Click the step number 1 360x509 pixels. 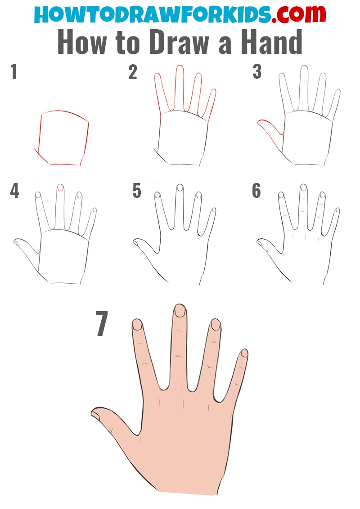[x=13, y=71]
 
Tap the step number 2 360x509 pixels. [x=133, y=72]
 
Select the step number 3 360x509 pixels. [x=257, y=72]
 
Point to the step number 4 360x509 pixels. [x=14, y=191]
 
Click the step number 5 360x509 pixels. [x=137, y=191]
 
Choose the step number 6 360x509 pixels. [x=256, y=191]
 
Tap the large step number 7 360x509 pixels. [x=102, y=323]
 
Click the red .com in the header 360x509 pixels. [x=299, y=14]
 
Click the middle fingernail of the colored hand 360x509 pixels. [x=180, y=311]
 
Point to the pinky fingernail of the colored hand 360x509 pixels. [x=244, y=353]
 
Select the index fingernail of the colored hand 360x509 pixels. [x=216, y=325]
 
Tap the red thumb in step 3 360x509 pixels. [x=270, y=133]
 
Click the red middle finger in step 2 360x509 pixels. [x=180, y=88]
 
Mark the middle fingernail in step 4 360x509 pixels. [x=60, y=188]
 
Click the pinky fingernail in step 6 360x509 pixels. [x=337, y=210]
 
